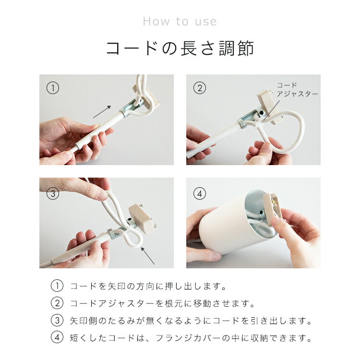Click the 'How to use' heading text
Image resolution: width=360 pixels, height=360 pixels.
pyautogui.click(x=180, y=22)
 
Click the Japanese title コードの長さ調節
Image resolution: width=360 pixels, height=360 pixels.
pyautogui.click(x=180, y=48)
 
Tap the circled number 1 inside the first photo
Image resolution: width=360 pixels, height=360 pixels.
pyautogui.click(x=53, y=88)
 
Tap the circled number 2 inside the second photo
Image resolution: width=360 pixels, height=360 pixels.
pyautogui.click(x=200, y=88)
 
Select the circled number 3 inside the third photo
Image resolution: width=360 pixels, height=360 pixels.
pyautogui.click(x=53, y=193)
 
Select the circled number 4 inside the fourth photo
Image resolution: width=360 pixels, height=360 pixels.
pyautogui.click(x=200, y=193)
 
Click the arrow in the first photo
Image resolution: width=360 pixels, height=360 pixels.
pyautogui.click(x=102, y=112)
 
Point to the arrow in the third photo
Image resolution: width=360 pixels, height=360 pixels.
pyautogui.click(x=148, y=255)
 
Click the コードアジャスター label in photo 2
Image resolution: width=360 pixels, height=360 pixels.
pyautogui.click(x=297, y=90)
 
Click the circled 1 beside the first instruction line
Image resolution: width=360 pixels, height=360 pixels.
pyautogui.click(x=57, y=286)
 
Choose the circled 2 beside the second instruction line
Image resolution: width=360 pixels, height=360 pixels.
pyautogui.click(x=57, y=303)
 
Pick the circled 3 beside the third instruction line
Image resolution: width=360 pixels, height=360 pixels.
pyautogui.click(x=57, y=321)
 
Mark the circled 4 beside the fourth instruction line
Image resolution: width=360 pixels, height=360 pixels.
pyautogui.click(x=57, y=338)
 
